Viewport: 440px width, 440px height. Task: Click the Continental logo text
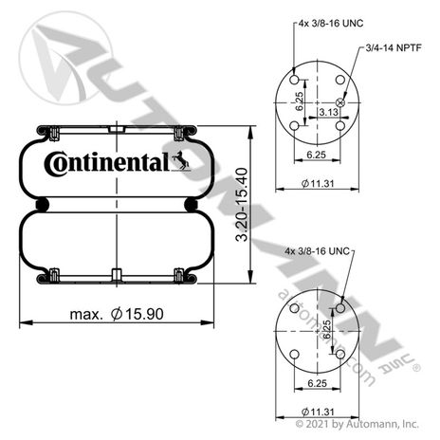click(107, 163)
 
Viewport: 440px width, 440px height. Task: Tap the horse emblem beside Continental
click(181, 160)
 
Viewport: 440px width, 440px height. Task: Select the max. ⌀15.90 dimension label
click(117, 314)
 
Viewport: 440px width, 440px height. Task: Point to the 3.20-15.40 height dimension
click(242, 205)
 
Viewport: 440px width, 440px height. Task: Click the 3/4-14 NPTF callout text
click(394, 47)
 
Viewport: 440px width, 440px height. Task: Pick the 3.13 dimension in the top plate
click(328, 112)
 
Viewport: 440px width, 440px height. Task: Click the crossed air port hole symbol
click(340, 102)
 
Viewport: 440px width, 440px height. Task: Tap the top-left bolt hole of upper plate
click(294, 80)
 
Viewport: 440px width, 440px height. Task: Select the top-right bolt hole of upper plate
click(340, 80)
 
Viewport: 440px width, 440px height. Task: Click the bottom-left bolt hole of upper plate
click(294, 126)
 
